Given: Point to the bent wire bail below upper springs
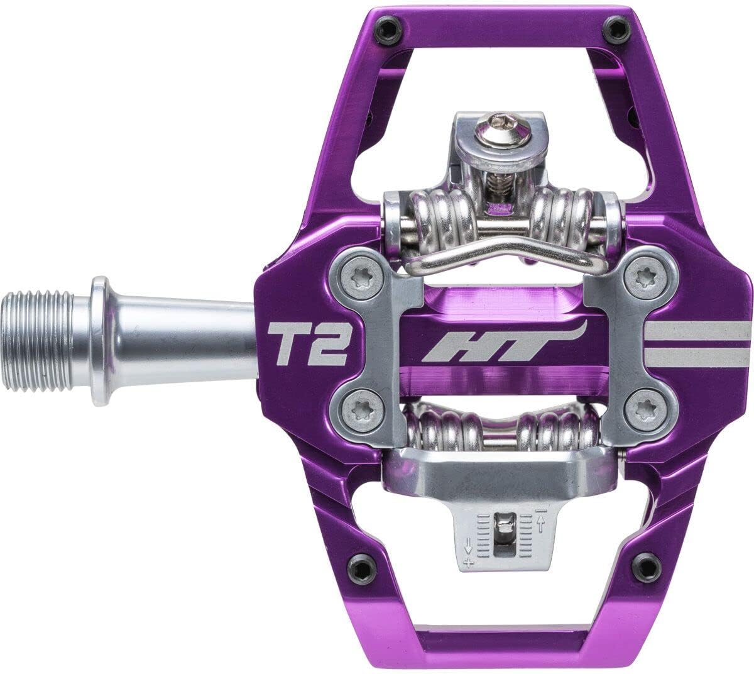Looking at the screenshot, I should tap(503, 255).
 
